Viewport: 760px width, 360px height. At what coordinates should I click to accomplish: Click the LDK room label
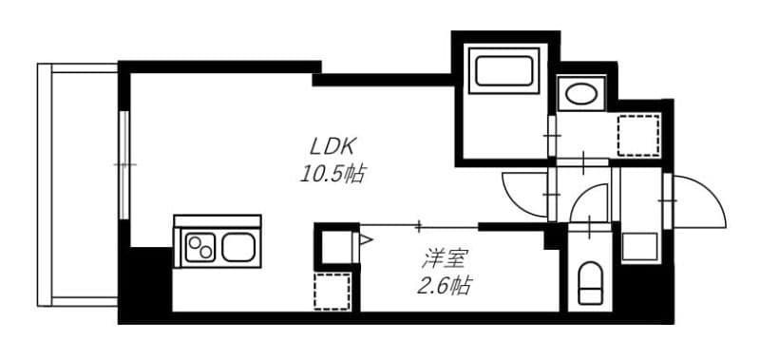pyautogui.click(x=332, y=146)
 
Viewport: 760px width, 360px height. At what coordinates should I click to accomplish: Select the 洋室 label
pyautogui.click(x=444, y=256)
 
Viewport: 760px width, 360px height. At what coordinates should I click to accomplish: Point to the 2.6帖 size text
pyautogui.click(x=444, y=284)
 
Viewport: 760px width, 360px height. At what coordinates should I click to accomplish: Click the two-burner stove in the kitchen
pyautogui.click(x=200, y=249)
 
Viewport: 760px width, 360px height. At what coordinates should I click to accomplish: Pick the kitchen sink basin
pyautogui.click(x=238, y=249)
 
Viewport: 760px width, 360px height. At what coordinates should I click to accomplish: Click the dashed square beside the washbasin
pyautogui.click(x=637, y=134)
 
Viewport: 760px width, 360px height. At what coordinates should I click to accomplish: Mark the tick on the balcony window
pyautogui.click(x=123, y=165)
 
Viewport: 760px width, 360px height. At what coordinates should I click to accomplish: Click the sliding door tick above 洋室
pyautogui.click(x=419, y=225)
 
